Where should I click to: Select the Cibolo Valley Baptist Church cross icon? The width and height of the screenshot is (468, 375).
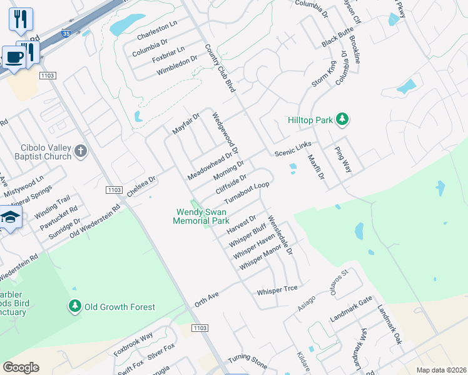[x=80, y=151]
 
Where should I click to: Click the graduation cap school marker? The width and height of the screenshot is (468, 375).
[x=11, y=217]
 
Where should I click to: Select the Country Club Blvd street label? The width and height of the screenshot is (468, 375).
[x=220, y=69]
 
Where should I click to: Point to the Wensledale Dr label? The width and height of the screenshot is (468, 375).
[x=280, y=234]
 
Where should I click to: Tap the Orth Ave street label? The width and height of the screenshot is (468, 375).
[x=209, y=301]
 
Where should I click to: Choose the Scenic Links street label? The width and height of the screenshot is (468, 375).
[x=293, y=149]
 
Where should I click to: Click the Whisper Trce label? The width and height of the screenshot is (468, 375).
[x=277, y=291]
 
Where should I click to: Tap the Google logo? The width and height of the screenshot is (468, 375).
[x=21, y=367]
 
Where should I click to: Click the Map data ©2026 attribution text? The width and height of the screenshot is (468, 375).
[x=441, y=370]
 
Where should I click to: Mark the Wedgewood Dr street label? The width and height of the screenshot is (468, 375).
[x=226, y=134]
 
